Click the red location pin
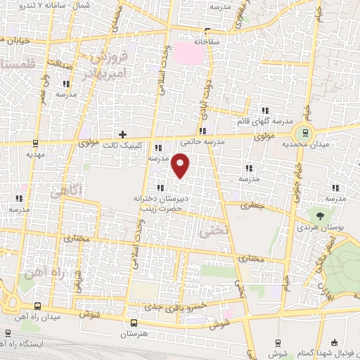click(x=181, y=167)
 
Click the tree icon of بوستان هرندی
click(x=321, y=217)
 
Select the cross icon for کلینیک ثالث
click(x=123, y=134)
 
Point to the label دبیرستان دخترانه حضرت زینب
click(x=164, y=204)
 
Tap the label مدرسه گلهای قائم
click(x=266, y=122)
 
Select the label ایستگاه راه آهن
click(x=39, y=345)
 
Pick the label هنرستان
click(x=134, y=335)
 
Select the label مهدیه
click(x=35, y=154)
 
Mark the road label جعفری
click(x=250, y=206)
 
